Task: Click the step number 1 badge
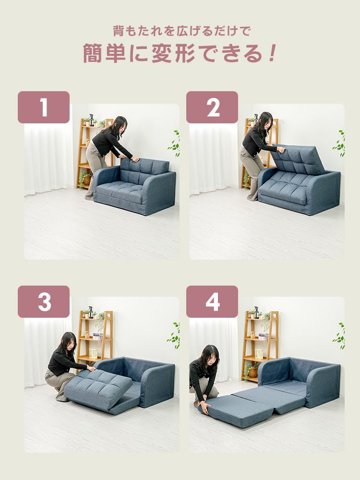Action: tap(44, 107)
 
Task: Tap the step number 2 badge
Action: tap(212, 107)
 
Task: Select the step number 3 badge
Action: tap(44, 301)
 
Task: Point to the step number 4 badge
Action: tap(212, 301)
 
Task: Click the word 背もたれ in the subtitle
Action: tap(140, 31)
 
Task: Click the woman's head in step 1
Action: tap(120, 125)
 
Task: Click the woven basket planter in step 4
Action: tap(252, 372)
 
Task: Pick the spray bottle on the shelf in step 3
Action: tap(91, 312)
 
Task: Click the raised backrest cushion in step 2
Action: tap(298, 159)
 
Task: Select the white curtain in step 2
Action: tap(214, 159)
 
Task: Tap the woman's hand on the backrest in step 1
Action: tap(135, 159)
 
